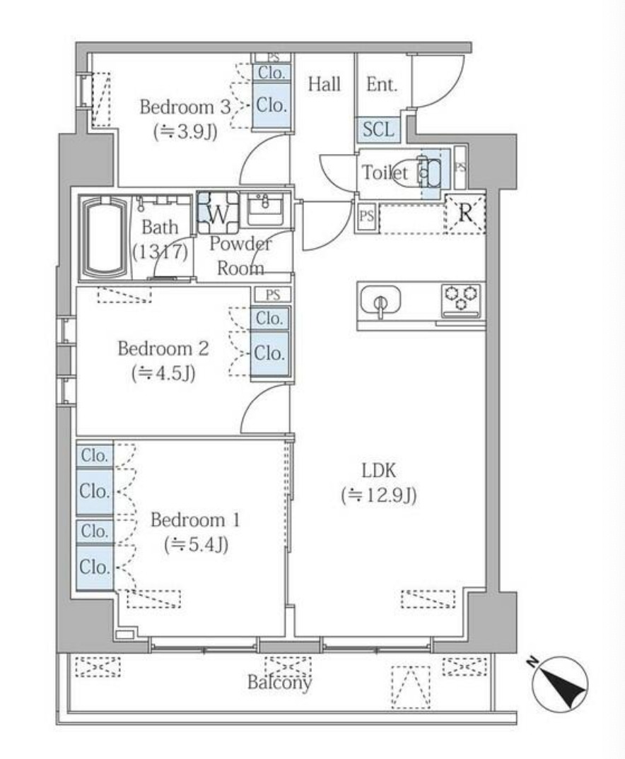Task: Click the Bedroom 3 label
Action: pos(185,107)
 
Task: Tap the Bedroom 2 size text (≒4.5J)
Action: pos(163,373)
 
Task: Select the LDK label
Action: pos(378,470)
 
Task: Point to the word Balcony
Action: pos(279,683)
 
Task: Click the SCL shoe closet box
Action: pos(378,130)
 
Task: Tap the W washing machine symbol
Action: pos(218,213)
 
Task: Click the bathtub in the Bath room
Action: pos(105,237)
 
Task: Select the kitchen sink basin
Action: pos(380,300)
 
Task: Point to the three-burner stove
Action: pos(462,299)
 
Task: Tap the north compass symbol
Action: pos(559,683)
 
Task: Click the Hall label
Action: pos(325,84)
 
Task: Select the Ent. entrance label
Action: pos(382,85)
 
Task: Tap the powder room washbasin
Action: pos(265,209)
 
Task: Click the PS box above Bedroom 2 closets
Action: pos(273,295)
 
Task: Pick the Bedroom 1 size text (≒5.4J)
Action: pos(196,545)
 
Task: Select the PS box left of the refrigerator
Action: pos(366,216)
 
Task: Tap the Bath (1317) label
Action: pos(160,239)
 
